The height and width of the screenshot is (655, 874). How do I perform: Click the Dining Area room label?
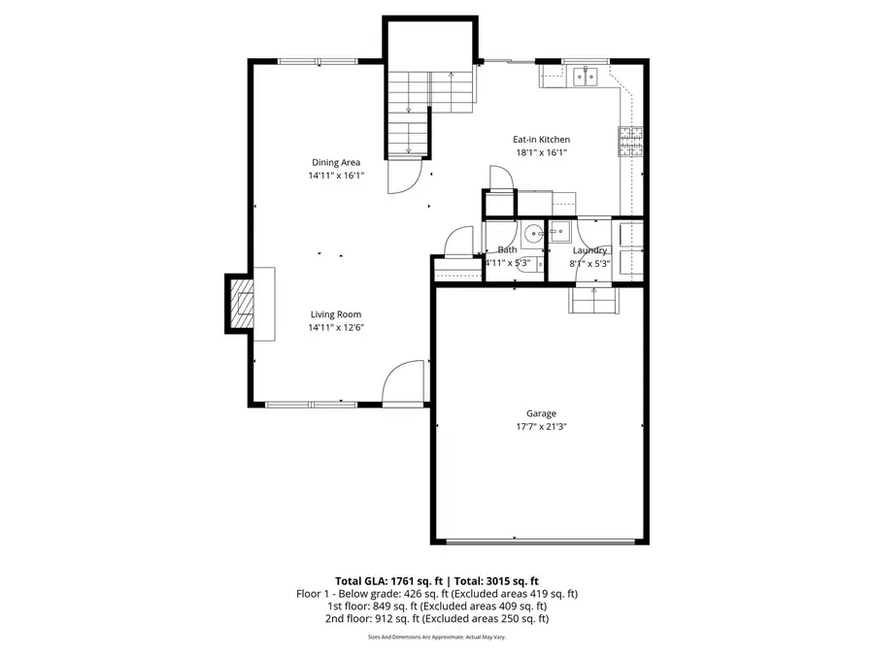(336, 162)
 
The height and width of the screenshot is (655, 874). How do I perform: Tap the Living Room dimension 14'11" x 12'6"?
(336, 328)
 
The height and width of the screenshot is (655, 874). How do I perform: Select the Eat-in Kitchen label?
(541, 140)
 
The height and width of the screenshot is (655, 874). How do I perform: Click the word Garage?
(541, 413)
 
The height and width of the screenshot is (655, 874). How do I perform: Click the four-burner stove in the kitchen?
(630, 143)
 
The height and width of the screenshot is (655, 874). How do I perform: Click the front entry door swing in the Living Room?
(403, 382)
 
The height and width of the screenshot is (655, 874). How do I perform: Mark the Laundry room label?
(589, 250)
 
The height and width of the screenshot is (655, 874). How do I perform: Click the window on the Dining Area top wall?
(318, 62)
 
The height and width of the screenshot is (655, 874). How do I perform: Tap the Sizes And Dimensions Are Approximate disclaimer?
(437, 638)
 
